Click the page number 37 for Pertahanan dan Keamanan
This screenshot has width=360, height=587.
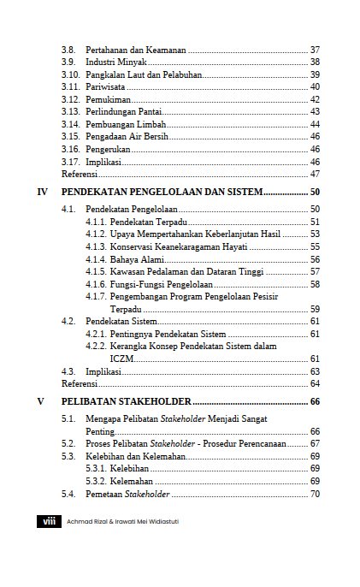coord(314,50)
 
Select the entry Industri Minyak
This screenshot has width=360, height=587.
coord(116,62)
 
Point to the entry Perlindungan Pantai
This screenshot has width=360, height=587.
coord(122,111)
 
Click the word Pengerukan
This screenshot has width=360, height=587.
coord(108,149)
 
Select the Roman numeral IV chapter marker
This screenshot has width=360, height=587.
coord(43,192)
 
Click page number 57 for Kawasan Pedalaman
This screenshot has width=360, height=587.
coord(314,271)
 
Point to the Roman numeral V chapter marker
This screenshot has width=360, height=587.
coord(41,401)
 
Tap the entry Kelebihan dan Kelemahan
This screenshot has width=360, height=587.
coord(134,456)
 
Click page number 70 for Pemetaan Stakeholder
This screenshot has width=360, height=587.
coord(314,494)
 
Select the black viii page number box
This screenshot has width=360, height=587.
coord(49,521)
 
